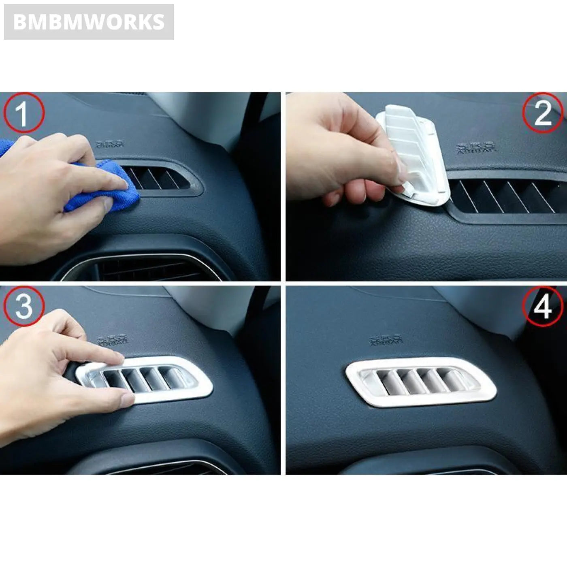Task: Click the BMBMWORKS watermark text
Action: [x=89, y=22]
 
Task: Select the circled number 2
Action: [x=543, y=113]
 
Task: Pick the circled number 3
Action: [x=23, y=306]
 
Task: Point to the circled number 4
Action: [x=543, y=306]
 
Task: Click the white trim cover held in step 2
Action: [x=413, y=154]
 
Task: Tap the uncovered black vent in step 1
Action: [x=162, y=178]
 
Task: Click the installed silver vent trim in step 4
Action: [x=421, y=382]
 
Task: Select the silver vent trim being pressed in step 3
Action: [x=162, y=379]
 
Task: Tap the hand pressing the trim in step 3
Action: [x=53, y=364]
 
